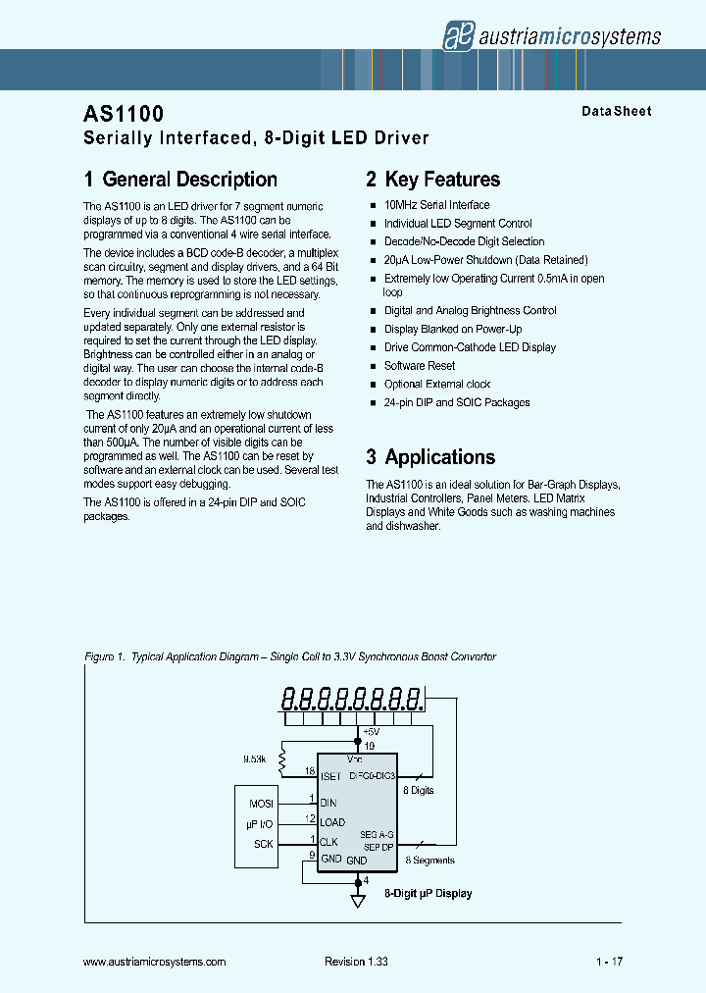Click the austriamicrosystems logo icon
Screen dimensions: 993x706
(x=457, y=35)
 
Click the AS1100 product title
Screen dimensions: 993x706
(x=125, y=115)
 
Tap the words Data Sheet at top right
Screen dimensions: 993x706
(x=616, y=111)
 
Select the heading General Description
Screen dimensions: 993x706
(x=180, y=180)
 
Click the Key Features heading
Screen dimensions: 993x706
(x=432, y=180)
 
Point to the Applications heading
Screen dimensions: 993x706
(x=430, y=457)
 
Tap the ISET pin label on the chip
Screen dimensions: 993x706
(x=330, y=776)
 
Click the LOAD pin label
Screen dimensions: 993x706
(x=332, y=822)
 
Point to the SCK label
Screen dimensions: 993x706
(x=264, y=844)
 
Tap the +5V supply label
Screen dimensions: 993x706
(x=371, y=732)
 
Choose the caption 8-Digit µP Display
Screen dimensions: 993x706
(x=428, y=894)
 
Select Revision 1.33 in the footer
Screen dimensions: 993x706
(x=356, y=963)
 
